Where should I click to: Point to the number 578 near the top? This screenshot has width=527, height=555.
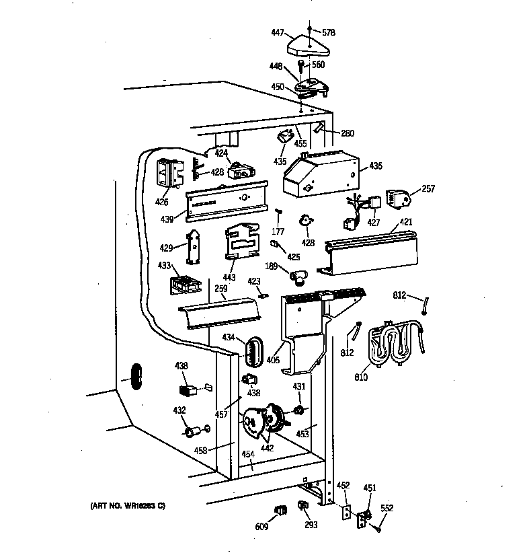[x=328, y=32]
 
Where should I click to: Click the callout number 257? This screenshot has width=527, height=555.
[x=428, y=190]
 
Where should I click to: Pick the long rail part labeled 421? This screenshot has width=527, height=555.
[x=374, y=252]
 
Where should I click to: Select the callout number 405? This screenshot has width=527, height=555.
[x=274, y=361]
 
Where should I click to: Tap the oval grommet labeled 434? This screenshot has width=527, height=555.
[x=252, y=350]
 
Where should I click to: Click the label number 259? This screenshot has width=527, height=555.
[x=220, y=289]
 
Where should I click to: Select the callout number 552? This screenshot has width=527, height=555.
[x=387, y=508]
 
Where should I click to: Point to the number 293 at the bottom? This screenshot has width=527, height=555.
[x=310, y=525]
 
